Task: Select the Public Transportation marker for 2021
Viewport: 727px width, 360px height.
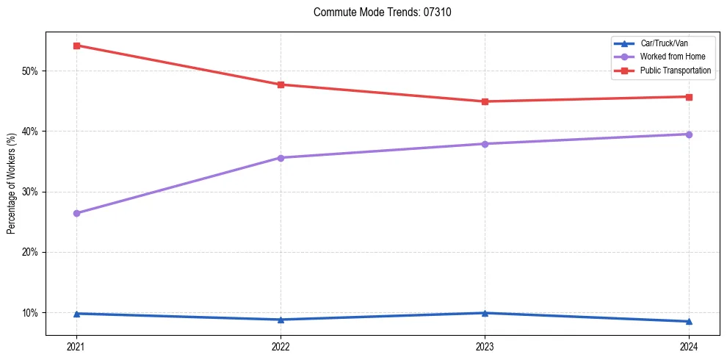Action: [x=76, y=46]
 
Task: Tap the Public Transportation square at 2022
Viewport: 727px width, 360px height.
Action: [x=281, y=84]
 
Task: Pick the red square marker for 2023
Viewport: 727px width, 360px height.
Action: [x=485, y=101]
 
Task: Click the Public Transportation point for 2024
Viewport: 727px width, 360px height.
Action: [x=689, y=97]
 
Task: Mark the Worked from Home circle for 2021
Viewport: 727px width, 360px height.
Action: [x=76, y=213]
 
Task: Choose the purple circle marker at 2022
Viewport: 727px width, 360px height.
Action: [x=281, y=158]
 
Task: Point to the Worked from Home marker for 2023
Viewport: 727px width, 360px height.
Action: [x=485, y=144]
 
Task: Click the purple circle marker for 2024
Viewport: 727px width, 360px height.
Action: [x=689, y=134]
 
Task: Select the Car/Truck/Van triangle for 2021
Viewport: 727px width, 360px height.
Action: [x=76, y=314]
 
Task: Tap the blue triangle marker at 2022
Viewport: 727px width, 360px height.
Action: [x=281, y=320]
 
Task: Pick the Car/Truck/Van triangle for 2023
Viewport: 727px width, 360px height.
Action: [x=485, y=313]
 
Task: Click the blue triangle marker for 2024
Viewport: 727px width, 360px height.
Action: [x=689, y=321]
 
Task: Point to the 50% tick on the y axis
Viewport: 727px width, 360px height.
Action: [x=30, y=71]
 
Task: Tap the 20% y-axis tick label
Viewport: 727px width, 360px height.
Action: [x=30, y=252]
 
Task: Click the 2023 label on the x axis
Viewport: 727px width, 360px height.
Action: [x=485, y=346]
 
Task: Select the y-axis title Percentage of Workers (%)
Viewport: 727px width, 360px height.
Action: [x=12, y=183]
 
